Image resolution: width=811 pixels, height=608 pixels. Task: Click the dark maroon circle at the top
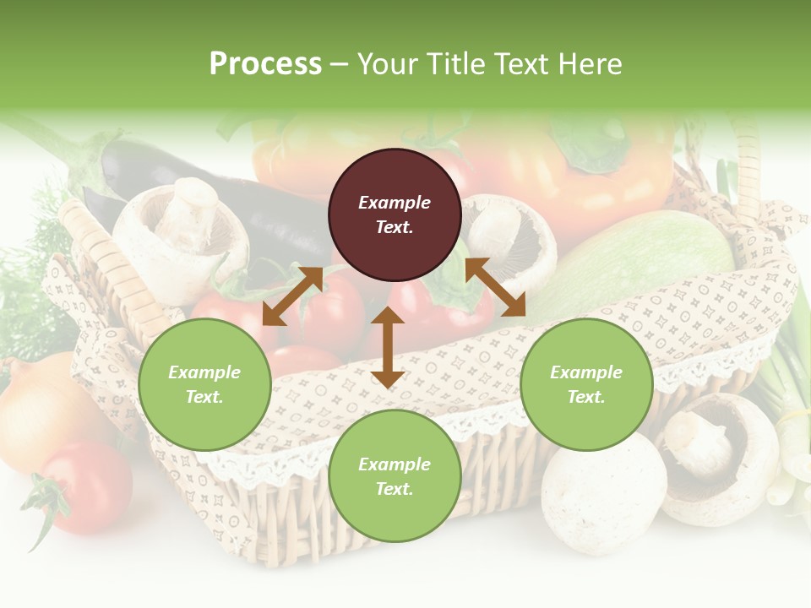pos(395,214)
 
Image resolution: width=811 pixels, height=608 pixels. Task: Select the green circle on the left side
pos(204,385)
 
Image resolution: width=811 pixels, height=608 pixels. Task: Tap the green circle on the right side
pos(586,385)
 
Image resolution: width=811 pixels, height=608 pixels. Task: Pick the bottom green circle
pos(395,476)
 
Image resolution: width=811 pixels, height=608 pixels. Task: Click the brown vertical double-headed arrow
pos(387,347)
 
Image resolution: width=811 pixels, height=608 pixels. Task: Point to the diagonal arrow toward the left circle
pos(292,296)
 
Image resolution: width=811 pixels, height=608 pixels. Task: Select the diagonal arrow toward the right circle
pos(495,288)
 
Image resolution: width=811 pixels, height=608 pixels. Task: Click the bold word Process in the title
pos(265,64)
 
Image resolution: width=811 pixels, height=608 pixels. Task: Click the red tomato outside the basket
pos(84,487)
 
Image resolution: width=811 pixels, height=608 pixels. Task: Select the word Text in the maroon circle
pos(395,227)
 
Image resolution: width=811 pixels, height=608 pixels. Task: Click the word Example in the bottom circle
pos(395,464)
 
